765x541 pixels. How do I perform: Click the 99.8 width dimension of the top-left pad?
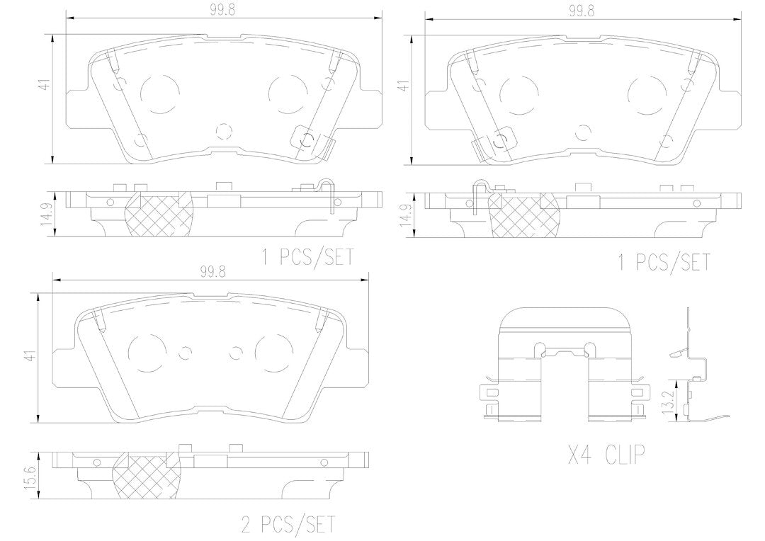223,10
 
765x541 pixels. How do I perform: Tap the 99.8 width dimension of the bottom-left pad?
212,273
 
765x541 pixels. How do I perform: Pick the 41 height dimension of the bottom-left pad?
32,355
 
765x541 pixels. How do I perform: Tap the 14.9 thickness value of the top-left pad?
46,213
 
